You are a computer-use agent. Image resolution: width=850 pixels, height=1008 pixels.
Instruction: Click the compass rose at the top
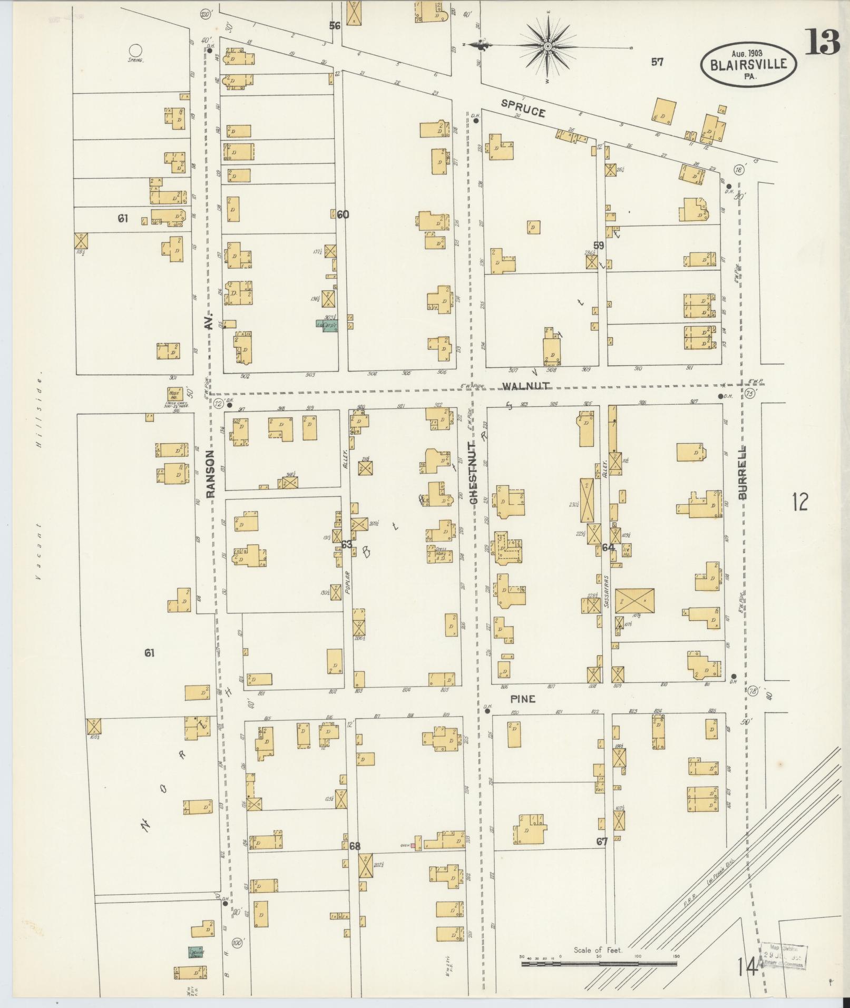point(548,46)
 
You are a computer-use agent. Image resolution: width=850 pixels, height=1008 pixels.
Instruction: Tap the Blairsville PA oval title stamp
point(748,64)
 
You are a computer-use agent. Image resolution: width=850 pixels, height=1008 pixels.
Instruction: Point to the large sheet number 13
point(822,42)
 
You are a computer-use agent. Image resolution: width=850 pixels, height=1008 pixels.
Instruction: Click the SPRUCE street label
point(523,109)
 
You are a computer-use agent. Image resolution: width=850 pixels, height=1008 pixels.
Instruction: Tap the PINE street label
point(522,699)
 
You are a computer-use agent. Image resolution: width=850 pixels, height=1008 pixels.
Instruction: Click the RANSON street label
point(211,474)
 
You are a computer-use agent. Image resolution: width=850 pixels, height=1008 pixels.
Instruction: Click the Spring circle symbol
point(135,50)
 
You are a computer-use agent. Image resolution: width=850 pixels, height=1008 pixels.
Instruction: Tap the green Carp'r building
point(327,326)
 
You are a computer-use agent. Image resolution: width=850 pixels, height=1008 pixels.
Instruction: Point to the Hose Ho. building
point(174,394)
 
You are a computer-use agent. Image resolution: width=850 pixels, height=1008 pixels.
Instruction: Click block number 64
point(608,547)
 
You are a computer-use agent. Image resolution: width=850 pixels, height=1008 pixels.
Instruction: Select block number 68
point(355,846)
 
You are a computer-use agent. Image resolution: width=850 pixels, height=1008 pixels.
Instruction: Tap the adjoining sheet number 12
point(799,502)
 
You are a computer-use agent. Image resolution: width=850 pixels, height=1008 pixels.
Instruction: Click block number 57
point(657,62)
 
